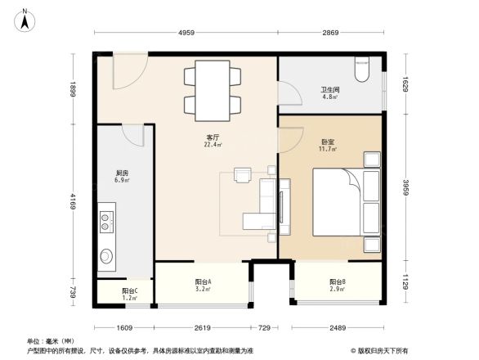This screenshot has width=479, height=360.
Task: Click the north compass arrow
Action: [25, 18]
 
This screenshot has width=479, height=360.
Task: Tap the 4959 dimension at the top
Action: [186, 33]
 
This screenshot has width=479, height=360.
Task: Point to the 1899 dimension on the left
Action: [73, 89]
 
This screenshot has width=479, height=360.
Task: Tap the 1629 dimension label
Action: [404, 83]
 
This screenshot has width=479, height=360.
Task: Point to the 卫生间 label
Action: [330, 92]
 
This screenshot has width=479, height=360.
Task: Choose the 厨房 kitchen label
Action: [122, 174]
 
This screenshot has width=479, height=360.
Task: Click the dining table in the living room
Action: [212, 90]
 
